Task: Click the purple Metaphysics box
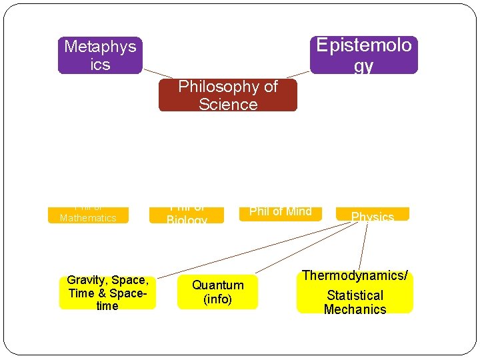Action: point(100,55)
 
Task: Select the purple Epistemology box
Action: point(363,55)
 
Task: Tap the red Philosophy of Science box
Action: point(227,95)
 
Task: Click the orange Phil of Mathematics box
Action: point(87,215)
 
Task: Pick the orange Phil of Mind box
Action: point(280,212)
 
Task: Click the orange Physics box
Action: point(372,215)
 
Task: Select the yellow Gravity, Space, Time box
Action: point(107,293)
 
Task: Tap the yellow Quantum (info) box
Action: point(217,292)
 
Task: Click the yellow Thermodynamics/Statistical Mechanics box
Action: point(355,293)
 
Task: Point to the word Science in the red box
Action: point(228,105)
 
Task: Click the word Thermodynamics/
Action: point(355,275)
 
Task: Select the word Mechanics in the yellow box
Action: point(355,309)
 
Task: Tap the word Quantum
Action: point(217,285)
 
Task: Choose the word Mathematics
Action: point(87,218)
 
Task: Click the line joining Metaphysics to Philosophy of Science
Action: point(157,73)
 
